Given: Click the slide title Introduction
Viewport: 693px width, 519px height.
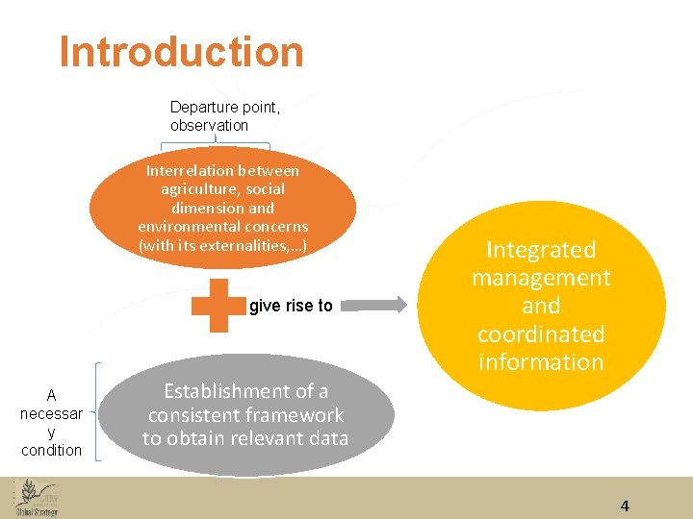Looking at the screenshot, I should (x=181, y=52).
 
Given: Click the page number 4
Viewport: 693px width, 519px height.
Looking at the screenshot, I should (x=625, y=507).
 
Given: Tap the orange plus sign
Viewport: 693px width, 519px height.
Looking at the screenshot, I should (x=219, y=306).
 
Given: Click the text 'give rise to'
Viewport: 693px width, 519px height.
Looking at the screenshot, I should (x=291, y=306).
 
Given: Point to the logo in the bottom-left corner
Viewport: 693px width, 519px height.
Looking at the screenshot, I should (x=37, y=498).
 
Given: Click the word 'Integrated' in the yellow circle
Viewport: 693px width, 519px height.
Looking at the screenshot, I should (x=541, y=250).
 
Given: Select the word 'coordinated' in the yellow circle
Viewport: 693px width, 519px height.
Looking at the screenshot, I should (x=541, y=334).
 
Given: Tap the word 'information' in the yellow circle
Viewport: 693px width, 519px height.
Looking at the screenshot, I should (x=541, y=362).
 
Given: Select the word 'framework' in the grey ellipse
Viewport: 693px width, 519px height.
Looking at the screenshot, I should (x=295, y=415).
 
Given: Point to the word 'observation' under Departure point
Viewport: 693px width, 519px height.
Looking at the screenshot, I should (x=209, y=125).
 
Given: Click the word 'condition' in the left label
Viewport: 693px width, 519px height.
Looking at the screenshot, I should (x=51, y=450).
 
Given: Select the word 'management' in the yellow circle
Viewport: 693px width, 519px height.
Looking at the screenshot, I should (x=541, y=278).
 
